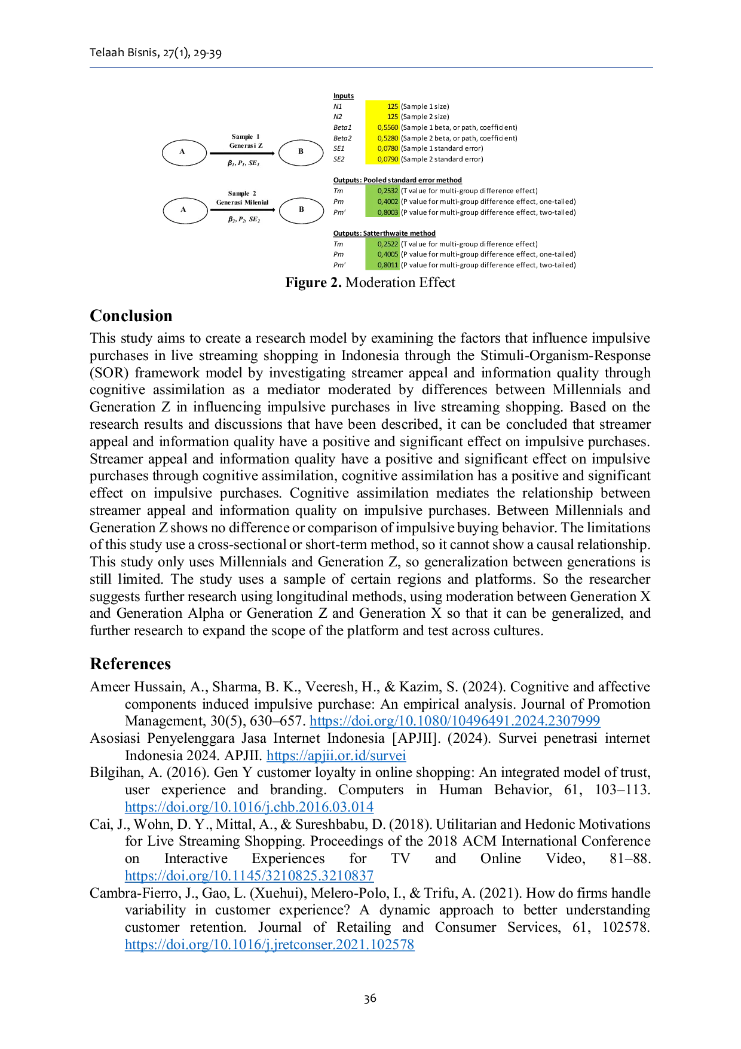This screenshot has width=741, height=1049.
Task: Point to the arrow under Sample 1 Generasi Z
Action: point(243,154)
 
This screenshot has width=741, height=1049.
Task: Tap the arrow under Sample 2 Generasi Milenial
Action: point(243,210)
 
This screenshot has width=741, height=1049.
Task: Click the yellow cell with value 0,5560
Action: point(382,127)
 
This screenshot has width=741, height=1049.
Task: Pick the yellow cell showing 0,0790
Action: point(382,159)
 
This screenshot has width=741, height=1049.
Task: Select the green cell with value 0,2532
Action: point(382,191)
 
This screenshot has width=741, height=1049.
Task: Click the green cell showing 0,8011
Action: point(382,265)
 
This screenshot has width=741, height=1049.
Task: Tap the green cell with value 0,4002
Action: point(382,202)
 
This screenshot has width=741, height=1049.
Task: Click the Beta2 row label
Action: point(342,138)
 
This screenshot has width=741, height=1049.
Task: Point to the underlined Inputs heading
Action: point(344,96)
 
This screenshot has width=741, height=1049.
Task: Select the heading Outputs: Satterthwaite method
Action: point(384,233)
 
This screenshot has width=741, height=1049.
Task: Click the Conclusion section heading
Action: point(131,316)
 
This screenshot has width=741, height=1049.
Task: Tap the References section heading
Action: point(130,664)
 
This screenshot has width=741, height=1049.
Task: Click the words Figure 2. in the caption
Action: point(313,282)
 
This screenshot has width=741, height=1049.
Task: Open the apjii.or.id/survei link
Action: point(336,755)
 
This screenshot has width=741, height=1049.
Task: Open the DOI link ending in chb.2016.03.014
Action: point(249,807)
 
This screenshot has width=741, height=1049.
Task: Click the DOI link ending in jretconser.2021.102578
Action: point(270,944)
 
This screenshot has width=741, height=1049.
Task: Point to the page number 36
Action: point(370,998)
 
